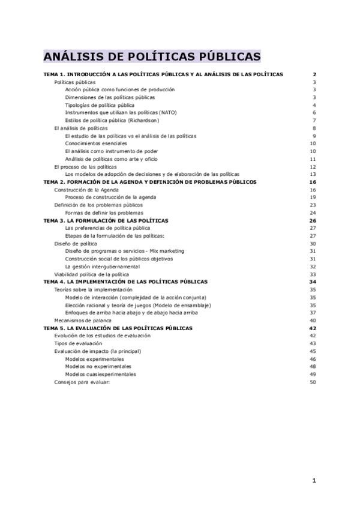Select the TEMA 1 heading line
click(163, 74)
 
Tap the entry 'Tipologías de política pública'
click(100, 105)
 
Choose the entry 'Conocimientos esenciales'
click(96, 143)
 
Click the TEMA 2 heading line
click(149, 182)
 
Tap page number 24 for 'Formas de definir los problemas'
click(313, 213)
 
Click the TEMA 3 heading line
click(106, 221)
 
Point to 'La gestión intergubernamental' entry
click(103, 267)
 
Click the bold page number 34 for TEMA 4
click(312, 282)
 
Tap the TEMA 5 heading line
click(118, 328)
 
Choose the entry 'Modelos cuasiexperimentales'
click(100, 375)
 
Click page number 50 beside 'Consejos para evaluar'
click(313, 382)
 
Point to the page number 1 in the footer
click(314, 480)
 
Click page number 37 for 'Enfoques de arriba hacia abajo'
click(313, 313)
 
